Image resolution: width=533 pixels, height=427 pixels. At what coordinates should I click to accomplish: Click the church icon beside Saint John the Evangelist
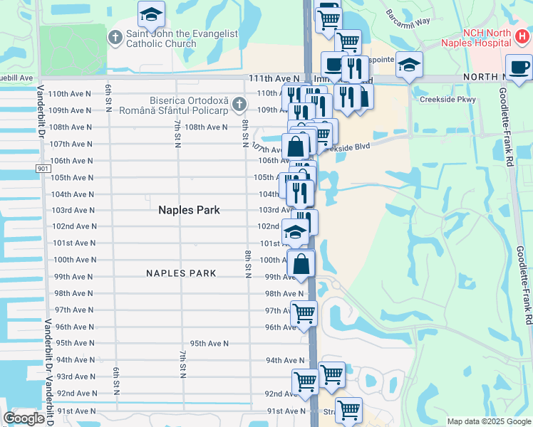pyautogui.click(x=115, y=36)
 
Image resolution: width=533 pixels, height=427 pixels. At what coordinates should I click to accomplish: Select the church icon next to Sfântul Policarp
pyautogui.click(x=239, y=105)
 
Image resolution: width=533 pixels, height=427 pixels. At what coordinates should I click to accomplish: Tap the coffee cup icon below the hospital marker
pyautogui.click(x=519, y=68)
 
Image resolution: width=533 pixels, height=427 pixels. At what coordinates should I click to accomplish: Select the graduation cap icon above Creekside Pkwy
pyautogui.click(x=409, y=64)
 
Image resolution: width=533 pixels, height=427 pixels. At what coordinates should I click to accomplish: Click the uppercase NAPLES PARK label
pyautogui.click(x=181, y=273)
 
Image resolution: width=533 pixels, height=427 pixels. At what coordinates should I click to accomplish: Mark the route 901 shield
pyautogui.click(x=43, y=168)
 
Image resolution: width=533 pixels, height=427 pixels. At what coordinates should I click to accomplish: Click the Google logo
pyautogui.click(x=24, y=418)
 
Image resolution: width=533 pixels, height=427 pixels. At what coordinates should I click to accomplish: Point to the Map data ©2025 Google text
pyautogui.click(x=489, y=421)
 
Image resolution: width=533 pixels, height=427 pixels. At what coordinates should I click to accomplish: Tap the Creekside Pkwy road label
pyautogui.click(x=447, y=99)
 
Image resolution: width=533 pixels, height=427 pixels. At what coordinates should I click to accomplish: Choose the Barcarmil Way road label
pyautogui.click(x=408, y=18)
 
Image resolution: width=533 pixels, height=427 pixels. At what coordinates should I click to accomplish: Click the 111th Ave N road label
pyautogui.click(x=274, y=78)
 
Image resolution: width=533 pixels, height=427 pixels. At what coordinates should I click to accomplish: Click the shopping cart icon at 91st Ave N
pyautogui.click(x=348, y=410)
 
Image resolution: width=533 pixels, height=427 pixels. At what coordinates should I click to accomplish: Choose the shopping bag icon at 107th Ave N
pyautogui.click(x=296, y=147)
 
